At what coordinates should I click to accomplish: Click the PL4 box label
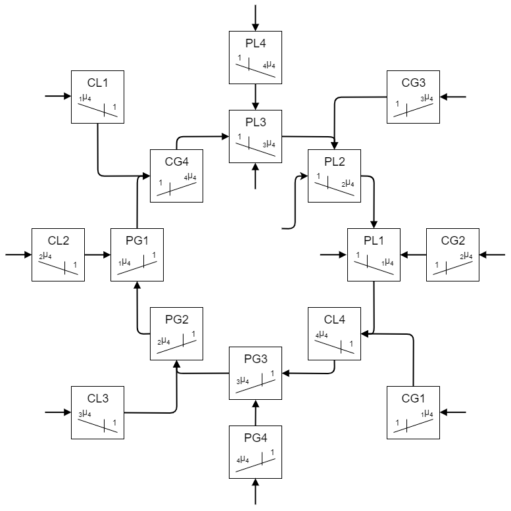255,43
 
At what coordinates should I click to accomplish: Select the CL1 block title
97,83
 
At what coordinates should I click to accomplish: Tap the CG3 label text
413,83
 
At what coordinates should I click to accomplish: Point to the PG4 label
255,438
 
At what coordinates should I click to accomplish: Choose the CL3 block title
97,399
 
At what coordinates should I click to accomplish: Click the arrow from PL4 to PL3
255,97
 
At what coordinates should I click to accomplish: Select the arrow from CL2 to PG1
98,255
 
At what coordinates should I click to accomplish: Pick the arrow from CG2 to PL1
413,255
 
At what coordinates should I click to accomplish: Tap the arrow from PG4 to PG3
255,412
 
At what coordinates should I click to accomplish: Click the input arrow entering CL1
58,96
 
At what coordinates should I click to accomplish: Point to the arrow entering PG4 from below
255,491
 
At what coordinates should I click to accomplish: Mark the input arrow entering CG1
453,412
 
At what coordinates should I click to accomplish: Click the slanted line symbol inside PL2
334,189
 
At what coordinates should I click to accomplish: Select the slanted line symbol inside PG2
177,347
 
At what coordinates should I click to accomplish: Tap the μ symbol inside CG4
190,176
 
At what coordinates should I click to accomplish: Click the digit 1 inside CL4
351,343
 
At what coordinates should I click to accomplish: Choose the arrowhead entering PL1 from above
374,224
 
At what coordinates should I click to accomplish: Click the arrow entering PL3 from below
255,176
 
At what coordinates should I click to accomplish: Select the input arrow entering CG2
492,255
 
